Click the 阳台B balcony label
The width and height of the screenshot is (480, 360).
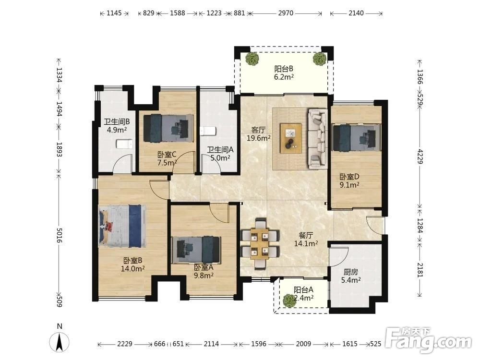click(x=284, y=69)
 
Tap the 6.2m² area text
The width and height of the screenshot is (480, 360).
click(x=284, y=77)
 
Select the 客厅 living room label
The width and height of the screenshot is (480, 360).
click(x=258, y=130)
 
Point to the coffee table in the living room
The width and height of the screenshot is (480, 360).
click(x=291, y=138)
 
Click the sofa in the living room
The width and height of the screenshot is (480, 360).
click(x=317, y=139)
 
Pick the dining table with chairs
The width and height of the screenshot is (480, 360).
click(x=260, y=244)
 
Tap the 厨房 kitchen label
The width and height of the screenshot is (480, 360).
click(x=350, y=272)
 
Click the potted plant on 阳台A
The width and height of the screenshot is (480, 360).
click(x=289, y=300)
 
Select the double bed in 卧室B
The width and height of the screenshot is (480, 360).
click(x=122, y=226)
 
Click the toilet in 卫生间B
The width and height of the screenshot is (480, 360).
click(x=124, y=144)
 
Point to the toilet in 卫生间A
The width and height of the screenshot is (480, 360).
click(x=208, y=132)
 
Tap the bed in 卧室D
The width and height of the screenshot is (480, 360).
click(x=356, y=137)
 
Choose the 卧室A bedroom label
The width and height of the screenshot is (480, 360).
click(x=203, y=267)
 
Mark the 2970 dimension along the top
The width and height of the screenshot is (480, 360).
click(x=286, y=13)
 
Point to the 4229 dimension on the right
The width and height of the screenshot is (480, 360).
click(x=420, y=156)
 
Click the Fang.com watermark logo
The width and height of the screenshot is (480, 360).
click(x=428, y=339)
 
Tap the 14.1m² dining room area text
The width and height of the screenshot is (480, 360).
click(x=306, y=244)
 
